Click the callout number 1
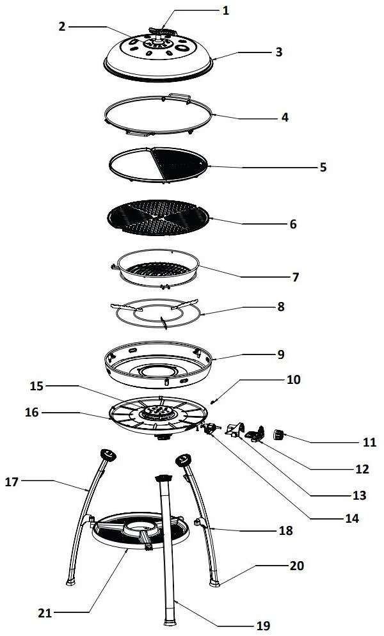tap(226, 10)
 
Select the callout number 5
tap(323, 167)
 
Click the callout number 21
tap(45, 613)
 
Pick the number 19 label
tap(264, 626)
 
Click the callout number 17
tap(12, 482)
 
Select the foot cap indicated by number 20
tap(214, 584)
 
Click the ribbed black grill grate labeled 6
tap(158, 218)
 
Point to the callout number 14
tap(352, 518)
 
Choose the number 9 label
tap(281, 354)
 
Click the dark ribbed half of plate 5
tap(179, 164)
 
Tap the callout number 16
tap(31, 413)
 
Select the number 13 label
tap(359, 495)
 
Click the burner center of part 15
tap(158, 413)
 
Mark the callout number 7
tap(296, 277)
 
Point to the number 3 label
tap(278, 52)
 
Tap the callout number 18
tap(286, 530)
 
